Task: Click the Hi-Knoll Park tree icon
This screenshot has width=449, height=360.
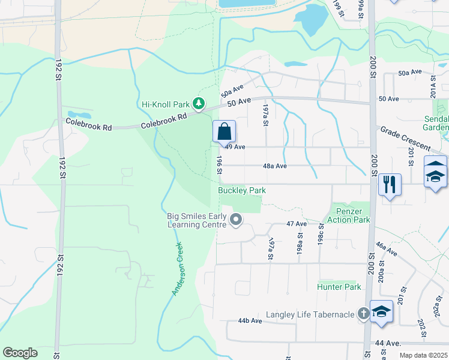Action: tap(199, 104)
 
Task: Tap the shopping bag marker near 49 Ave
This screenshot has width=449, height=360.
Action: tap(224, 132)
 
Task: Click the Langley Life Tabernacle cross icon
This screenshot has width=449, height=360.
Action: tap(363, 313)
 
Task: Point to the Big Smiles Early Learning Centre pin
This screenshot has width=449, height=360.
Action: tap(236, 221)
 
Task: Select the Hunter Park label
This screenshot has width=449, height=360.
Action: tap(339, 287)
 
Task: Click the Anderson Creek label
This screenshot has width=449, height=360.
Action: tap(178, 268)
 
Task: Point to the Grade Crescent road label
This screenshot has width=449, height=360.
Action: tap(406, 139)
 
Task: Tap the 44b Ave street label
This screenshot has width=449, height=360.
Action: tap(250, 321)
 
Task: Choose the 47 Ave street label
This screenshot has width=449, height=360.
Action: tap(297, 223)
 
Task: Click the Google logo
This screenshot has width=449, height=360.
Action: tap(20, 353)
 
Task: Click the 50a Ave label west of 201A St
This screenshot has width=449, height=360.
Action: tap(411, 72)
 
